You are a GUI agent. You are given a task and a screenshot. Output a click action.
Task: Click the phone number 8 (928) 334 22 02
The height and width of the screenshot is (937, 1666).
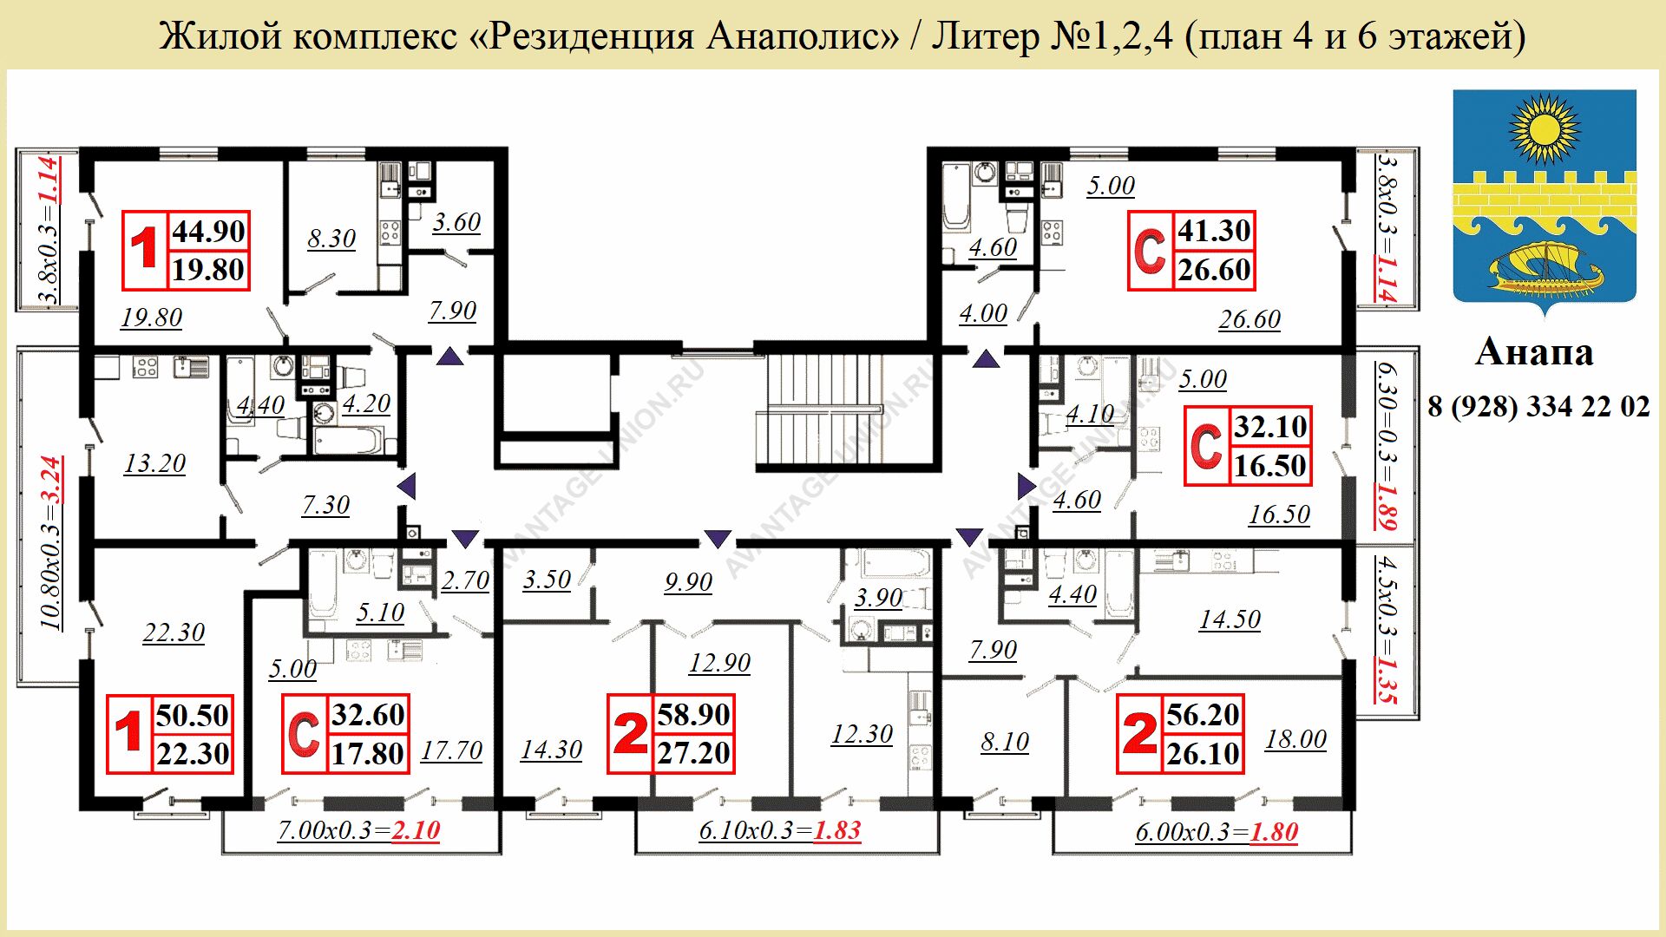pyautogui.click(x=1538, y=406)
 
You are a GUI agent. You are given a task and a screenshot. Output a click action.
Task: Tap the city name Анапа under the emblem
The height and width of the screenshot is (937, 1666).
pyautogui.click(x=1534, y=352)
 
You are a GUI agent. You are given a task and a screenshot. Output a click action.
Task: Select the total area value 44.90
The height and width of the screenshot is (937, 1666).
pyautogui.click(x=208, y=232)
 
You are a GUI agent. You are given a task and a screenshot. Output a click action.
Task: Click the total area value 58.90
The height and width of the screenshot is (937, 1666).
pyautogui.click(x=693, y=715)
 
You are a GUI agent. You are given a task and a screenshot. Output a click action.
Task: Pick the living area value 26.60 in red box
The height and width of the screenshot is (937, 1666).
pyautogui.click(x=1214, y=271)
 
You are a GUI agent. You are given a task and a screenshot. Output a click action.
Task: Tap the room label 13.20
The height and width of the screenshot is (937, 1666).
pyautogui.click(x=154, y=463)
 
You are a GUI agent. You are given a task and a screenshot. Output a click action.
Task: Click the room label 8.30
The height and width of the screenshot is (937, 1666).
pyautogui.click(x=331, y=239)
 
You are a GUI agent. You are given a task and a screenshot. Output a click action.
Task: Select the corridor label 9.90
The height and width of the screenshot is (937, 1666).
pyautogui.click(x=688, y=582)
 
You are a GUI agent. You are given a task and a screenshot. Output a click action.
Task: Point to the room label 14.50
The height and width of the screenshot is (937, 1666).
pyautogui.click(x=1230, y=619)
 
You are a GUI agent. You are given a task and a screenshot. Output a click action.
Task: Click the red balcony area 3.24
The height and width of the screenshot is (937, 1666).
pyautogui.click(x=52, y=480)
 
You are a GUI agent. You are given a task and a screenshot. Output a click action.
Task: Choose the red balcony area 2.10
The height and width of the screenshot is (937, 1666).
pyautogui.click(x=416, y=831)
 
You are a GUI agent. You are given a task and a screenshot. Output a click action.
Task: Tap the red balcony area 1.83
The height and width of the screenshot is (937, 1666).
pyautogui.click(x=836, y=831)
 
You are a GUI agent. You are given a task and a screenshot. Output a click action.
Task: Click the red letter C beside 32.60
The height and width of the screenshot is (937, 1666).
pyautogui.click(x=304, y=734)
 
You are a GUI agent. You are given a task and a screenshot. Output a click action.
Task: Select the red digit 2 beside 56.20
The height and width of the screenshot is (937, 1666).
pyautogui.click(x=1139, y=734)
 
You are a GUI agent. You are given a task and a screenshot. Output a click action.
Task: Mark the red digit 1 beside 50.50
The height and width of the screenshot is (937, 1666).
pyautogui.click(x=128, y=734)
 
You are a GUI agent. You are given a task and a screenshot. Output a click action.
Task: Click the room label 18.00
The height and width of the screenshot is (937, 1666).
pyautogui.click(x=1295, y=739)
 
